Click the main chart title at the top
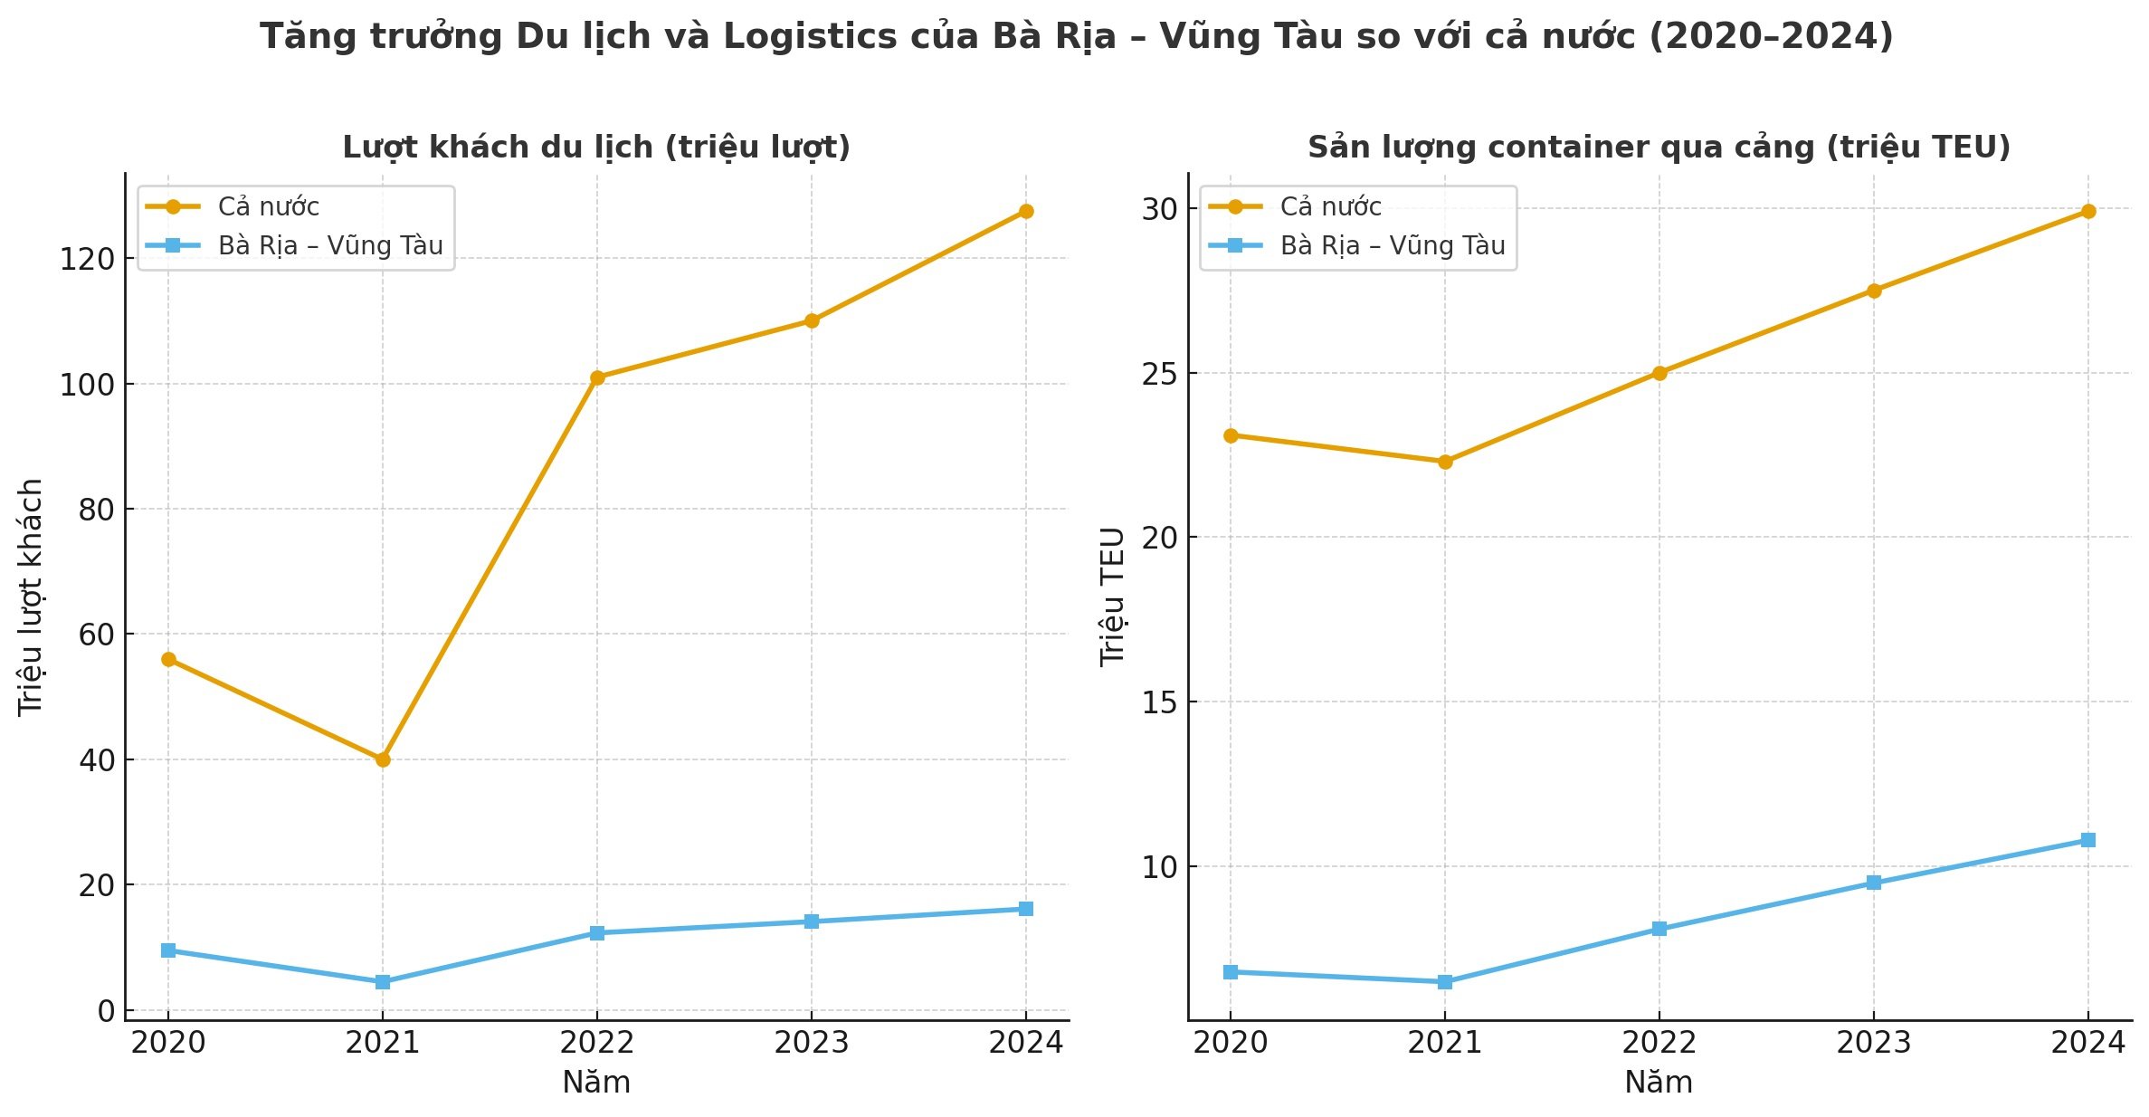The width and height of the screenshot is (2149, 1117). [1076, 37]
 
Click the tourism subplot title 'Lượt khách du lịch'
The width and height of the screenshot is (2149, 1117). [596, 147]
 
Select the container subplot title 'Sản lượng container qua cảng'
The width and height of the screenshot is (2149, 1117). [1659, 147]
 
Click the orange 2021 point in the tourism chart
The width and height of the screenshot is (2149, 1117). [383, 759]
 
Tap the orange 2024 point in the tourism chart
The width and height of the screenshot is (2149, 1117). [1025, 211]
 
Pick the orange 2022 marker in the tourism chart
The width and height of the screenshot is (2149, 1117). [597, 377]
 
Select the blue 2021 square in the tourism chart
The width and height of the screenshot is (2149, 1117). [383, 981]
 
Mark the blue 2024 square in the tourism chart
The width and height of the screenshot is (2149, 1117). [1025, 909]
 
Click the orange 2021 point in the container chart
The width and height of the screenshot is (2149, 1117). [1445, 462]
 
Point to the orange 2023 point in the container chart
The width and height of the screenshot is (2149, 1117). [1874, 291]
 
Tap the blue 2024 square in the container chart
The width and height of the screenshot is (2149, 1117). [2088, 840]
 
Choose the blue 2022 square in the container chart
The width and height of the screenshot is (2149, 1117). [1659, 929]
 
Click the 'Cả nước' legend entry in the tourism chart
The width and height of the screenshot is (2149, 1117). [268, 207]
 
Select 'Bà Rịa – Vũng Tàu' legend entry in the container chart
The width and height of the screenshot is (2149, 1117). [1392, 246]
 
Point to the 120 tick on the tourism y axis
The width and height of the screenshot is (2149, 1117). [87, 260]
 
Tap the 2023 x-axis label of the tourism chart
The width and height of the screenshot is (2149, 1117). [811, 1043]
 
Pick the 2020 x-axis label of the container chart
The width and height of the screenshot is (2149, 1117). [1230, 1043]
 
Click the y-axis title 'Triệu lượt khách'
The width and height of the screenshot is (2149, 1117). [31, 597]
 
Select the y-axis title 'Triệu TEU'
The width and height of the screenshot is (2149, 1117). [1113, 597]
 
